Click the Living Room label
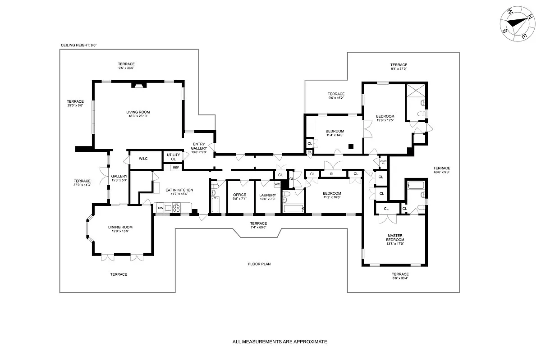click(138, 112)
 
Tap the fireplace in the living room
click(139, 85)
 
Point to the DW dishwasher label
click(160, 208)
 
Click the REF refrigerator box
click(176, 168)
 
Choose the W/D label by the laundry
click(277, 184)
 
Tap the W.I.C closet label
click(143, 159)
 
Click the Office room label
click(239, 195)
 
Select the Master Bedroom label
click(395, 237)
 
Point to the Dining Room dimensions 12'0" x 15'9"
click(120, 231)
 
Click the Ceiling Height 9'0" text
click(79, 45)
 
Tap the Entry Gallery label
click(199, 146)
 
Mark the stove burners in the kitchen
click(176, 208)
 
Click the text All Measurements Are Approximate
click(280, 342)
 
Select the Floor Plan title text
click(259, 264)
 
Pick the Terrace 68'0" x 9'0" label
click(442, 170)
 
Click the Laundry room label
click(268, 195)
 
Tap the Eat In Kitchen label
click(179, 190)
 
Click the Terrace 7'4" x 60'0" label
click(258, 225)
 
